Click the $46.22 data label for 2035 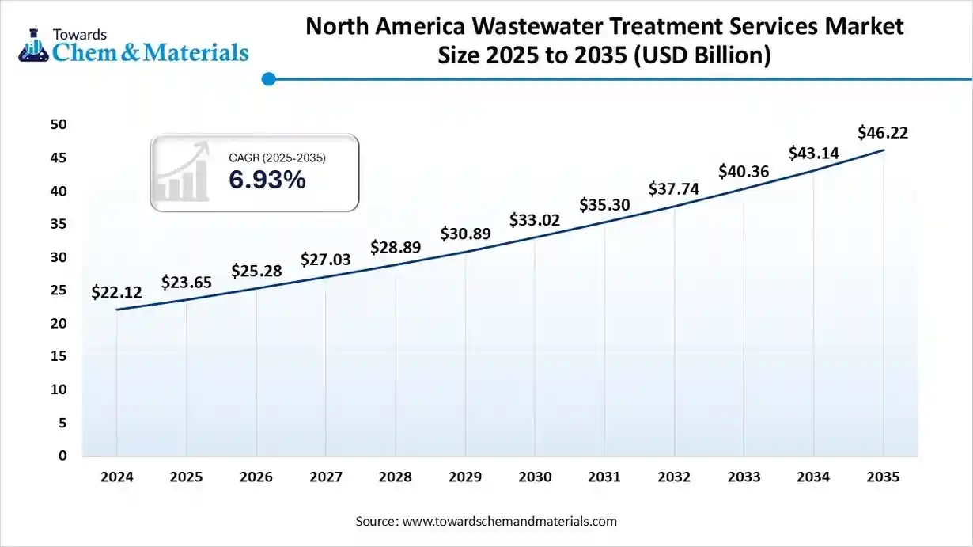[883, 133]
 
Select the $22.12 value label [116, 292]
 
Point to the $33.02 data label [535, 219]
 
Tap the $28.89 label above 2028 [396, 247]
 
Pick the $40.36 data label [744, 171]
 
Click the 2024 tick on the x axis [116, 477]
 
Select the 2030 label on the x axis [535, 477]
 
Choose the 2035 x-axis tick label [883, 477]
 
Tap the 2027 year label [325, 477]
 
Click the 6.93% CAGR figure [267, 180]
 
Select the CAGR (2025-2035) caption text [277, 158]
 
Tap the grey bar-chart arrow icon [184, 172]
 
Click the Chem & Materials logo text [150, 52]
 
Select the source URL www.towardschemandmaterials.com [509, 521]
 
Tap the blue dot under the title [268, 79]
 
